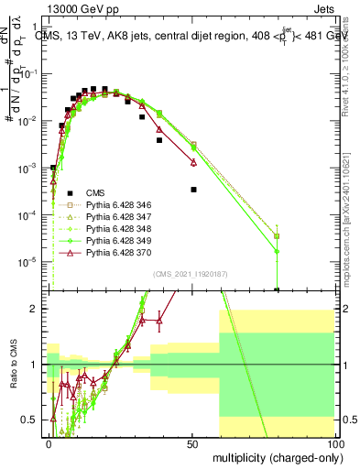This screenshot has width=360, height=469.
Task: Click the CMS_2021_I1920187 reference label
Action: (190, 274)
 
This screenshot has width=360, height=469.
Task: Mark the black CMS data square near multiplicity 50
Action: (193, 190)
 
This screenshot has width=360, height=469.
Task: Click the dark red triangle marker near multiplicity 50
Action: (193, 162)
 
